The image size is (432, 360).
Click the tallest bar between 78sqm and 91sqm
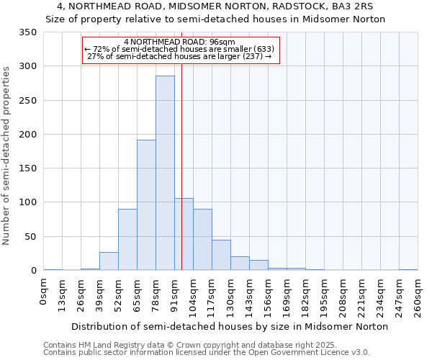coord(165,173)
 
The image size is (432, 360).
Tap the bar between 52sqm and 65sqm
coord(127,240)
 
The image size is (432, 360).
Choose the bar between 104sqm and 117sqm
coord(202,240)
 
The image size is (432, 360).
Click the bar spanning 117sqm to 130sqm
coord(221,256)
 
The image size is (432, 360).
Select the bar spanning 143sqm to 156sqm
coord(258,266)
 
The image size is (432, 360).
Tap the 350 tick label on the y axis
coord(27,32)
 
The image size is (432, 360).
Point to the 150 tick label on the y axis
coord(27,168)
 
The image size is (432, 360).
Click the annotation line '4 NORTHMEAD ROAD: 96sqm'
coord(179,42)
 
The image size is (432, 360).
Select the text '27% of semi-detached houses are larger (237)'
coord(179,56)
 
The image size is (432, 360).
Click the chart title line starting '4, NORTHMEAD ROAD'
coord(215,6)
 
